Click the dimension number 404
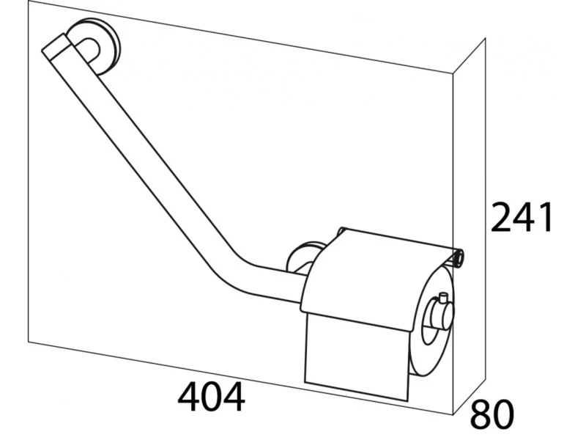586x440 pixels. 212,397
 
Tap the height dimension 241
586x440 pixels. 522,217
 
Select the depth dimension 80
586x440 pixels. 492,414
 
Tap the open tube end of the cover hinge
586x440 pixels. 459,257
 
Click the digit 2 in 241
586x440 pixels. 500,217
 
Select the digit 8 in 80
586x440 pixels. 481,414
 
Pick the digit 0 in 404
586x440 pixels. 212,397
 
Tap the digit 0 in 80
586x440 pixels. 504,414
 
